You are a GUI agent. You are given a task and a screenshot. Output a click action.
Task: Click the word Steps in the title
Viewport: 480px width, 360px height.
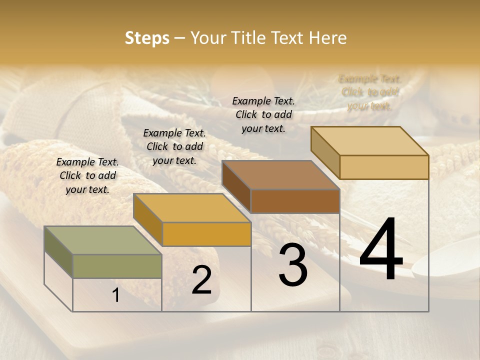point(147,38)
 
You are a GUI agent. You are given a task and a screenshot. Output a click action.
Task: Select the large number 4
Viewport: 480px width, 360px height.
point(381,250)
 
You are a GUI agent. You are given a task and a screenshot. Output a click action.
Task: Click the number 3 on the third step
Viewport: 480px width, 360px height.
point(293,265)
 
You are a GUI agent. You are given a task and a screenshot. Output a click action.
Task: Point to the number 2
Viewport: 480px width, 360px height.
point(201,280)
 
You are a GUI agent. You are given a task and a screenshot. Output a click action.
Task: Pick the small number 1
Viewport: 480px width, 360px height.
point(116,295)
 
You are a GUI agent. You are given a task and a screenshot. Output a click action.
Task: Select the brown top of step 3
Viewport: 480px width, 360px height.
point(280,175)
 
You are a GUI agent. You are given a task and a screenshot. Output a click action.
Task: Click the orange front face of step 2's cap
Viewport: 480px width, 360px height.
point(206,234)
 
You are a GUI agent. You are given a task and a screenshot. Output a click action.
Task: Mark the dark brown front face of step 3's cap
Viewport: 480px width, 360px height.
point(295,201)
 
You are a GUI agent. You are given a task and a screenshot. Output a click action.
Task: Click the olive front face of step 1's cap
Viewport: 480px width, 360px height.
point(117,266)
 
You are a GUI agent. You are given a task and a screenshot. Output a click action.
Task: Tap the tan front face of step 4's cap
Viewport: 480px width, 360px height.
point(384,167)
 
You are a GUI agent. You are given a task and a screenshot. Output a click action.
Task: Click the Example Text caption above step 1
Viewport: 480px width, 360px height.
point(87,175)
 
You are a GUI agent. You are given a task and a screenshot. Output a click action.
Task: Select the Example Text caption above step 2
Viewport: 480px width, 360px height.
point(174,146)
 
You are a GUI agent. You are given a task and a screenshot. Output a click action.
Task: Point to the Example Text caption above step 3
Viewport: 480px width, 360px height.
point(263,114)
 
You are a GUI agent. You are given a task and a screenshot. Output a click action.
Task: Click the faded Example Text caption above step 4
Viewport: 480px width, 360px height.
point(370,92)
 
